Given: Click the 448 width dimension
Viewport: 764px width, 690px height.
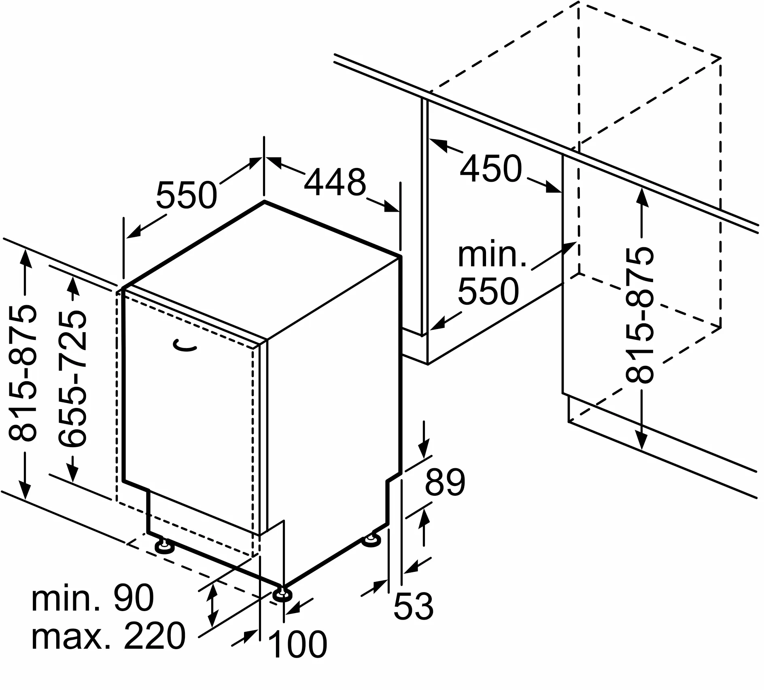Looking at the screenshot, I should pos(335,182).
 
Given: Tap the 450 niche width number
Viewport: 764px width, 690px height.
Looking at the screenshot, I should pos(491,168).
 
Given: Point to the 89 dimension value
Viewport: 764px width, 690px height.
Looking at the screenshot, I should pos(445,482).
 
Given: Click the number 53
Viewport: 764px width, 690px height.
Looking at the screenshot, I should pos(413,606).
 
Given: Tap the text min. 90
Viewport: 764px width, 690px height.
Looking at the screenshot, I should pos(93,598).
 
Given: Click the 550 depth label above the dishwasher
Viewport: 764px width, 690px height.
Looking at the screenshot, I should pos(187,195).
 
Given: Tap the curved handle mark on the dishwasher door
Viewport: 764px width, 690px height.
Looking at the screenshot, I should pos(185,345).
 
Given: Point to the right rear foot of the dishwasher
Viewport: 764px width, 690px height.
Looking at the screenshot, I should pos(371,540).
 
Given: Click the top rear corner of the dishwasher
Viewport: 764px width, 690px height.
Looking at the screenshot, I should pos(264,201).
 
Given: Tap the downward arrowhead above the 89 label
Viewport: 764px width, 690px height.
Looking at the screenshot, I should pos(424,451).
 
